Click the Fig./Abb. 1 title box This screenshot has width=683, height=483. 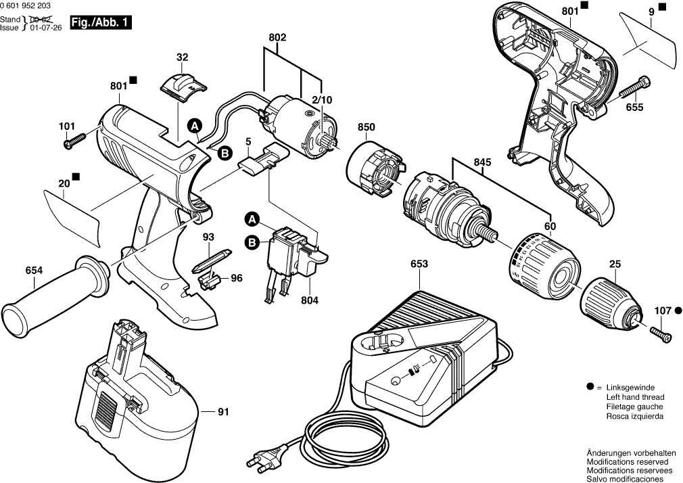click(102, 22)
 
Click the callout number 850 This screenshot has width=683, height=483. click(367, 127)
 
